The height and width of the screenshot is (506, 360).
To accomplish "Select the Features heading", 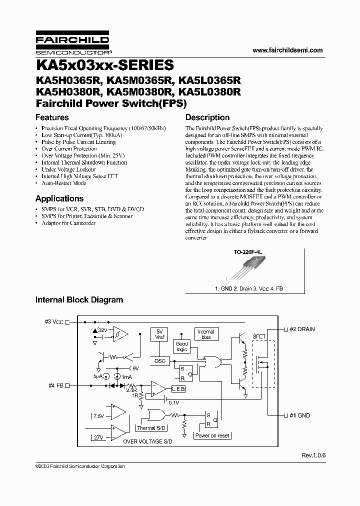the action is click(52, 117).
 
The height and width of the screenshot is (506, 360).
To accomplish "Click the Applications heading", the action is click(59, 198).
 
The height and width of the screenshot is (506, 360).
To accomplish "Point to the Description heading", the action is click(207, 117).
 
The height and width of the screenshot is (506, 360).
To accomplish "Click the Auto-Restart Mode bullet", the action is click(64, 183).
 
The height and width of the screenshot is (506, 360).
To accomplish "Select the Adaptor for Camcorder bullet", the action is click(68, 223).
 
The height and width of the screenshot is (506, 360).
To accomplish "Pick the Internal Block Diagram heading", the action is click(79, 300).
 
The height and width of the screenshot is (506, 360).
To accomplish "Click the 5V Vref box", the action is click(159, 334).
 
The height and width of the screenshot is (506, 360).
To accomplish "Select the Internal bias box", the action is click(205, 334).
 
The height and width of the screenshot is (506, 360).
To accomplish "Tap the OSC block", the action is click(159, 361).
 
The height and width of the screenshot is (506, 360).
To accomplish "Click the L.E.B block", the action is click(178, 388).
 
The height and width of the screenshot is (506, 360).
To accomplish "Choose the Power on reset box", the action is click(212, 435).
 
